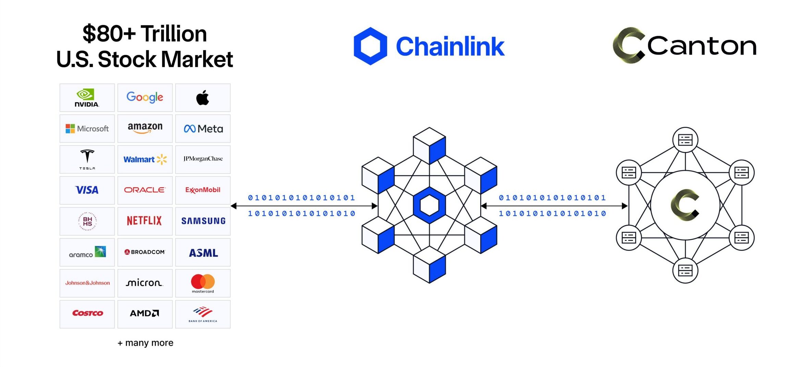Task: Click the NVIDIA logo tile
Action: [x=87, y=98]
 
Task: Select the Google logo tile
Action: [x=145, y=98]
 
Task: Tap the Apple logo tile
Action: [x=203, y=98]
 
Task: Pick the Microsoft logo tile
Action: [x=87, y=129]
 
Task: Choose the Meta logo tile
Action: [x=203, y=129]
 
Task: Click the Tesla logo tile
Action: [x=87, y=159]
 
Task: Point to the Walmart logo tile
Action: [x=145, y=159]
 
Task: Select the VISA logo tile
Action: [x=87, y=190]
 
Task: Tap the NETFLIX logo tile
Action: [x=145, y=221]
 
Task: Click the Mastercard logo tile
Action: [x=203, y=283]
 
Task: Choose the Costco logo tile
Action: [x=87, y=314]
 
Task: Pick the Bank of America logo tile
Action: [x=203, y=314]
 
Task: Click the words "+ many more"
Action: [x=146, y=343]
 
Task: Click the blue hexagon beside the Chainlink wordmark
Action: [x=370, y=46]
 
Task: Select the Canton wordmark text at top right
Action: [x=702, y=46]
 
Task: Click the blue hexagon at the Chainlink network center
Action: [x=429, y=205]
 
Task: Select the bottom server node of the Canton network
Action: [x=685, y=271]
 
